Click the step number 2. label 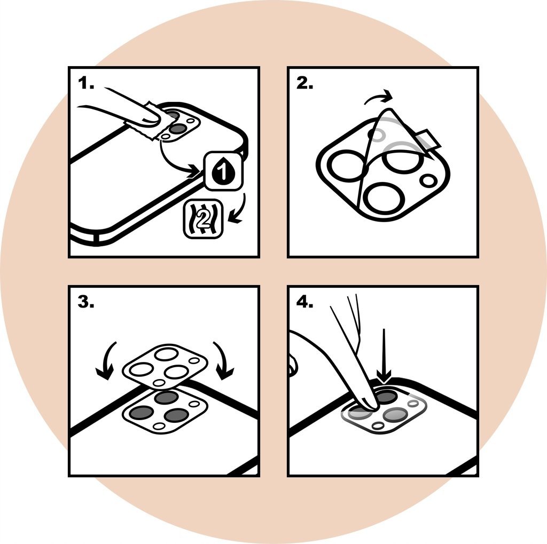[305, 83]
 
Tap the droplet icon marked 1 [224, 172]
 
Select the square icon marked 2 [202, 219]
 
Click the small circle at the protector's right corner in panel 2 [429, 180]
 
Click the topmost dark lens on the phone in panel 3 [166, 397]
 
